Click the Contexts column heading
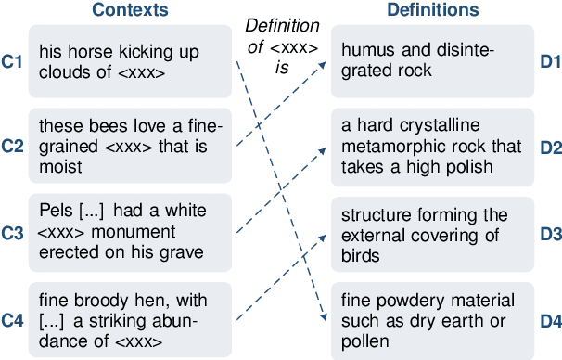tap(130, 11)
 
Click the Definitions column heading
tap(433, 11)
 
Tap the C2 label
tap(12, 147)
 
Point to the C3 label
tap(12, 233)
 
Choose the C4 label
tap(12, 321)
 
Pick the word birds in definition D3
tap(360, 253)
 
